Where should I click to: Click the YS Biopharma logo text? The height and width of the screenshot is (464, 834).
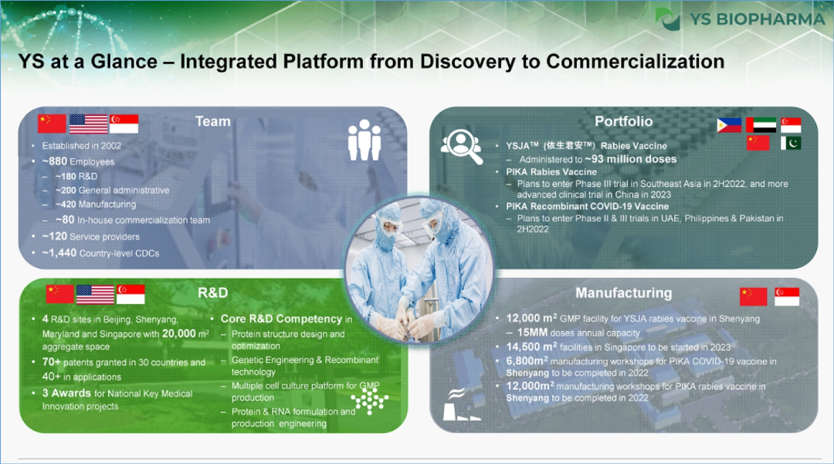[x=758, y=19]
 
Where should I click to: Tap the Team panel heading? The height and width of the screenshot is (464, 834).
[x=213, y=121]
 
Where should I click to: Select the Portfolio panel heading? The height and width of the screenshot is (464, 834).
[x=623, y=121]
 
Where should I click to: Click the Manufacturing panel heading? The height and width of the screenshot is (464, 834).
[x=623, y=293]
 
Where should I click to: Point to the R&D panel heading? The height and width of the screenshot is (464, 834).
[x=213, y=293]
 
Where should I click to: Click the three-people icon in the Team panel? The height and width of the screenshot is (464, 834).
[x=364, y=140]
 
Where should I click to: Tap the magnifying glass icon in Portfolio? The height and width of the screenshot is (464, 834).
[x=462, y=146]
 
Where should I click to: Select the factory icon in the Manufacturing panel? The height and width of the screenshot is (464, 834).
[x=460, y=405]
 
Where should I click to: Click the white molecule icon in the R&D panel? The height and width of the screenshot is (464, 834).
[x=370, y=400]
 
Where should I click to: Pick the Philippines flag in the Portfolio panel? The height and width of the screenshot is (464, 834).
[x=729, y=125]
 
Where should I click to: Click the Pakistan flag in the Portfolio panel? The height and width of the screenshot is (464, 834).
[x=791, y=143]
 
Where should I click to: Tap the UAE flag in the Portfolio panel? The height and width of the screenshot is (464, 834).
[x=761, y=125]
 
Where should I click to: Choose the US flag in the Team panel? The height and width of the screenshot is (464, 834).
[x=88, y=124]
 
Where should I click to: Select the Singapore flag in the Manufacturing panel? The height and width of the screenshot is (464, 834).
[x=787, y=296]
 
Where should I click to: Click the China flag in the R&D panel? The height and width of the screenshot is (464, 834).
[x=59, y=294]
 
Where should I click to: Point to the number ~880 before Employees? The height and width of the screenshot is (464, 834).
[x=55, y=161]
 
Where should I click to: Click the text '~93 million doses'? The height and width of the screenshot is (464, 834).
[x=631, y=159]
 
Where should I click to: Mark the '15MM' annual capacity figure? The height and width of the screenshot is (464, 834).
[x=532, y=333]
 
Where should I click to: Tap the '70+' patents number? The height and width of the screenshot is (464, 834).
[x=52, y=362]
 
